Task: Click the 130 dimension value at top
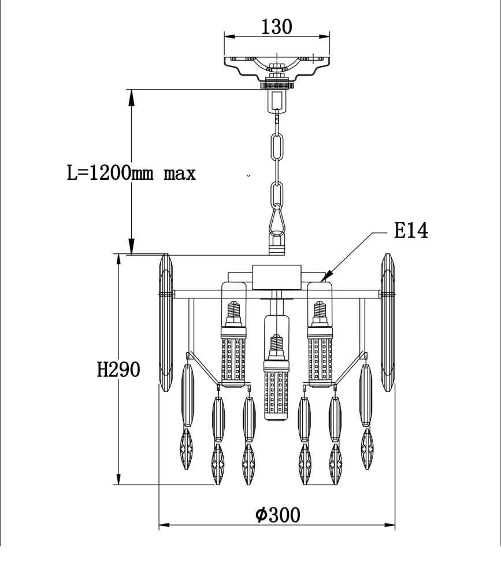(x=277, y=26)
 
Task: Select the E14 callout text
(x=411, y=231)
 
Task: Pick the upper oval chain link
(x=278, y=148)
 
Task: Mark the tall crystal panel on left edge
(x=166, y=322)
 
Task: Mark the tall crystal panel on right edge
(x=387, y=322)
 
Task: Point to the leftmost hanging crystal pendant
(x=188, y=416)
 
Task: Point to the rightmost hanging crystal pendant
(x=366, y=416)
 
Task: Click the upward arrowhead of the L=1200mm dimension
(x=132, y=96)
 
